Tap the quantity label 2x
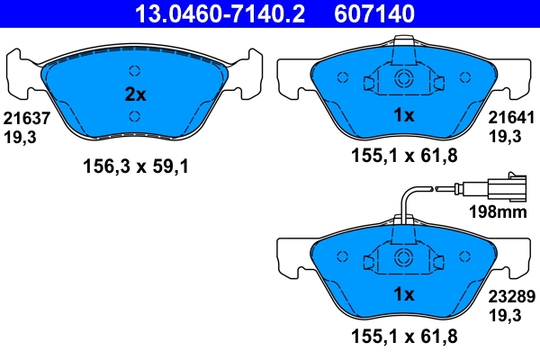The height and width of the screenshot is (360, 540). (x=133, y=94)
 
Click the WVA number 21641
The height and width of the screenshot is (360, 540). (x=511, y=117)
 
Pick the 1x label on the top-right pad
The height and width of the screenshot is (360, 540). (x=404, y=115)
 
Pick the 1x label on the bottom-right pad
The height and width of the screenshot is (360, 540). (x=404, y=294)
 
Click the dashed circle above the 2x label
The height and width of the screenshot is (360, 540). (x=134, y=72)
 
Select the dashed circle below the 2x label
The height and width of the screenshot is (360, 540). (x=134, y=115)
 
